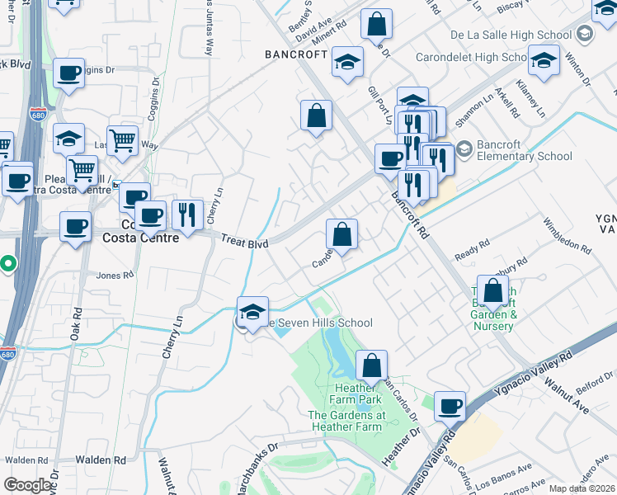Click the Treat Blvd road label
point(245,244)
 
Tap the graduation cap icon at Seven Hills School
point(252,311)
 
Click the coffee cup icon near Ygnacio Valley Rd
point(450,405)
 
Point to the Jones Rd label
point(114,276)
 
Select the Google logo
point(27,485)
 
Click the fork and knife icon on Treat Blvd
point(188,214)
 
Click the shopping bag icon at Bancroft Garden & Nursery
point(492,290)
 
